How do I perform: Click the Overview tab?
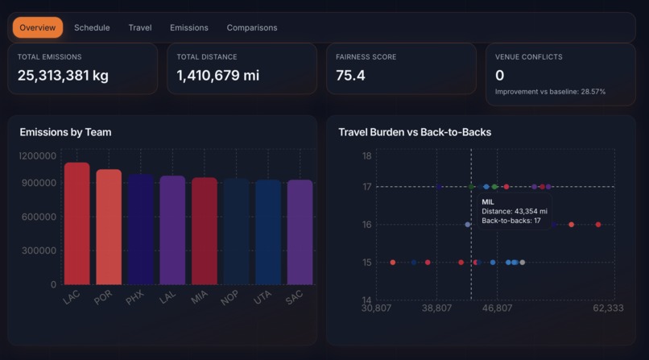(38, 27)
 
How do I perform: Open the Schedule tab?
(92, 27)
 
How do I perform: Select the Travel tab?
(140, 27)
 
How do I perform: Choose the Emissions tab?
(189, 27)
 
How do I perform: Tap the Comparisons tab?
(252, 27)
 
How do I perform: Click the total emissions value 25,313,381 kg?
(63, 76)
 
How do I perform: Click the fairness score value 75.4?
(350, 76)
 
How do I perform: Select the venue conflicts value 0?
(500, 76)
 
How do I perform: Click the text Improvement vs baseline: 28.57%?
(550, 92)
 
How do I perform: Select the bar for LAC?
(77, 224)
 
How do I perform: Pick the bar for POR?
(109, 227)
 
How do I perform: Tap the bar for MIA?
(205, 231)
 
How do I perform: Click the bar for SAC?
(300, 232)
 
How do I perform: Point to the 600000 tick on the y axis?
(39, 217)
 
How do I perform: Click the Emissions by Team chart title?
(65, 132)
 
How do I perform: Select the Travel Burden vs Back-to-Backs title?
(415, 132)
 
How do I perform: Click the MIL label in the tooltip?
(488, 201)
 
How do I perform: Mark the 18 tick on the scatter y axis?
(366, 155)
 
